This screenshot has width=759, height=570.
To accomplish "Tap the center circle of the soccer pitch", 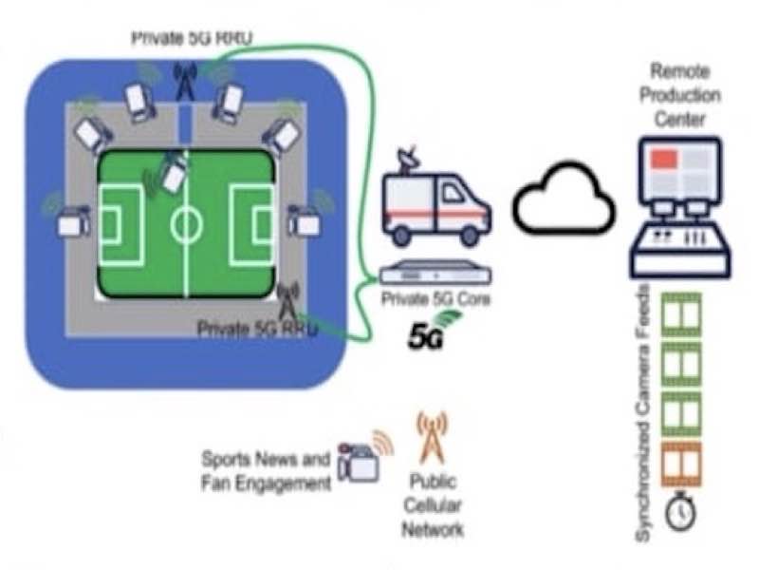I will point(186,225).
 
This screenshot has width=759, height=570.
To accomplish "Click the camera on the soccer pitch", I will point(173,173).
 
